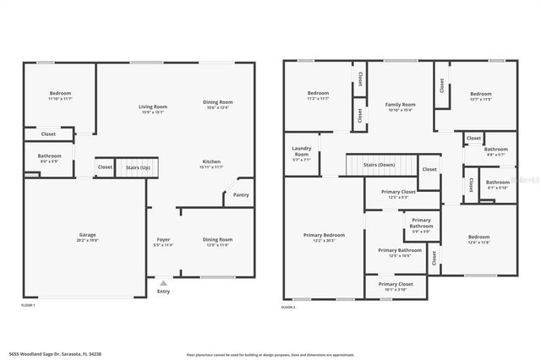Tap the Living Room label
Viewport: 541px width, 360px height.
click(x=153, y=106)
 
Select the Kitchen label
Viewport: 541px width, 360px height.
click(x=210, y=161)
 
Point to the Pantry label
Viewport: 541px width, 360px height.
click(x=240, y=194)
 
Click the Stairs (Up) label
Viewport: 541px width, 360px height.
click(x=138, y=167)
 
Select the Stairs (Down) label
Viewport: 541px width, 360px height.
click(x=380, y=165)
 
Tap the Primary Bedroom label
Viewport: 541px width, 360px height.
click(x=325, y=235)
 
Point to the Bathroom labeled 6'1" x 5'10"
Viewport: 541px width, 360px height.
click(x=497, y=182)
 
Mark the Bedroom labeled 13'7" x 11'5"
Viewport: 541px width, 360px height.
click(x=480, y=94)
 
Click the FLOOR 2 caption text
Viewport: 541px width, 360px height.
click(x=289, y=308)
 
